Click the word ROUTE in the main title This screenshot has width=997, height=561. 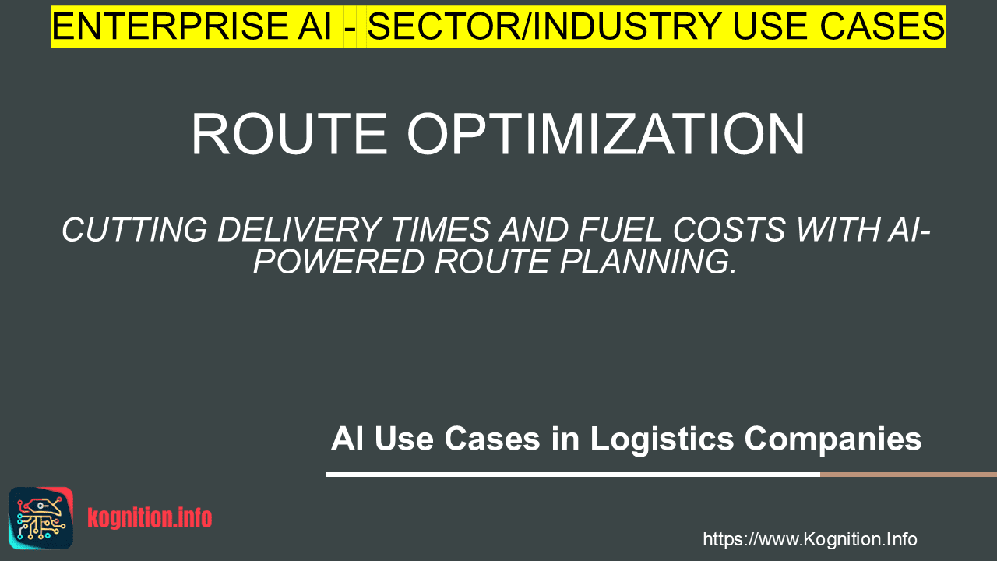289,133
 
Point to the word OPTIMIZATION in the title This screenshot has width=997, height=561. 606,133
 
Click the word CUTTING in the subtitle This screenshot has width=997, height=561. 135,230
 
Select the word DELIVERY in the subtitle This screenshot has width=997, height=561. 299,230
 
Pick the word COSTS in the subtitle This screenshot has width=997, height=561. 729,230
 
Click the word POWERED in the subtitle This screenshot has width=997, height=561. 339,261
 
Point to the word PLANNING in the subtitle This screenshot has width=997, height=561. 648,261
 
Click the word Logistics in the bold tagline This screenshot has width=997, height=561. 662,439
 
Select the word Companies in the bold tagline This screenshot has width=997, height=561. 833,439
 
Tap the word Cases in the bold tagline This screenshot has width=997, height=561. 492,439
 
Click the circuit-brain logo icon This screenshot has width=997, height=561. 41,518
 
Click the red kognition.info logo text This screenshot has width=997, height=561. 150,518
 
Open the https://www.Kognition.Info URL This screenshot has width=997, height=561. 810,539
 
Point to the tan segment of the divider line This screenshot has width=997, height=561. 908,475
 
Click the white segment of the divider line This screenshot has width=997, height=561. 572,475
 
